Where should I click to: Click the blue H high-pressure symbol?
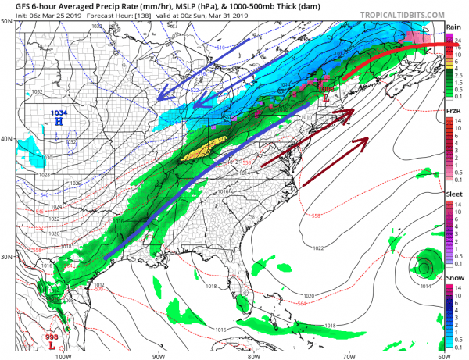pyautogui.click(x=58, y=123)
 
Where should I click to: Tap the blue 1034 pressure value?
pyautogui.click(x=58, y=114)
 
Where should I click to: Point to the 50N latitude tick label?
pyautogui.click(x=6, y=21)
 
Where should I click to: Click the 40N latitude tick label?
pyautogui.click(x=6, y=139)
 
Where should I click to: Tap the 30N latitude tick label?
pyautogui.click(x=6, y=257)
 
